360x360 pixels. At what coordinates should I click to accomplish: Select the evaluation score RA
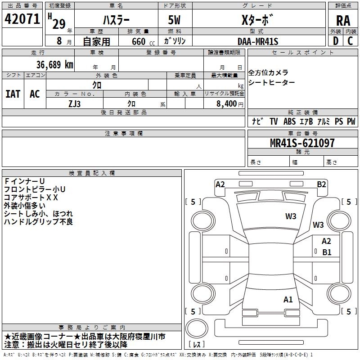(343, 20)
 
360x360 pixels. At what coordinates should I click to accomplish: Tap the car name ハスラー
(116, 20)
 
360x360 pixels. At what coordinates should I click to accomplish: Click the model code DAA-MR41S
(258, 41)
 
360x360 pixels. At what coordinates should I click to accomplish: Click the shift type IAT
(13, 94)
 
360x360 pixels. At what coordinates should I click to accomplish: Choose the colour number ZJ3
(75, 103)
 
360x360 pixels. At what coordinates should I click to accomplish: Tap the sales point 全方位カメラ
(268, 73)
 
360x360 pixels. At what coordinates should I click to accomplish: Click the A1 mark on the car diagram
(288, 299)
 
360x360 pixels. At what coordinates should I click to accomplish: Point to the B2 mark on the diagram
(321, 184)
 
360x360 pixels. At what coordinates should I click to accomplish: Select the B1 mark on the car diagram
(326, 252)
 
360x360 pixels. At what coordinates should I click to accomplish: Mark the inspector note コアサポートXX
(31, 197)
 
